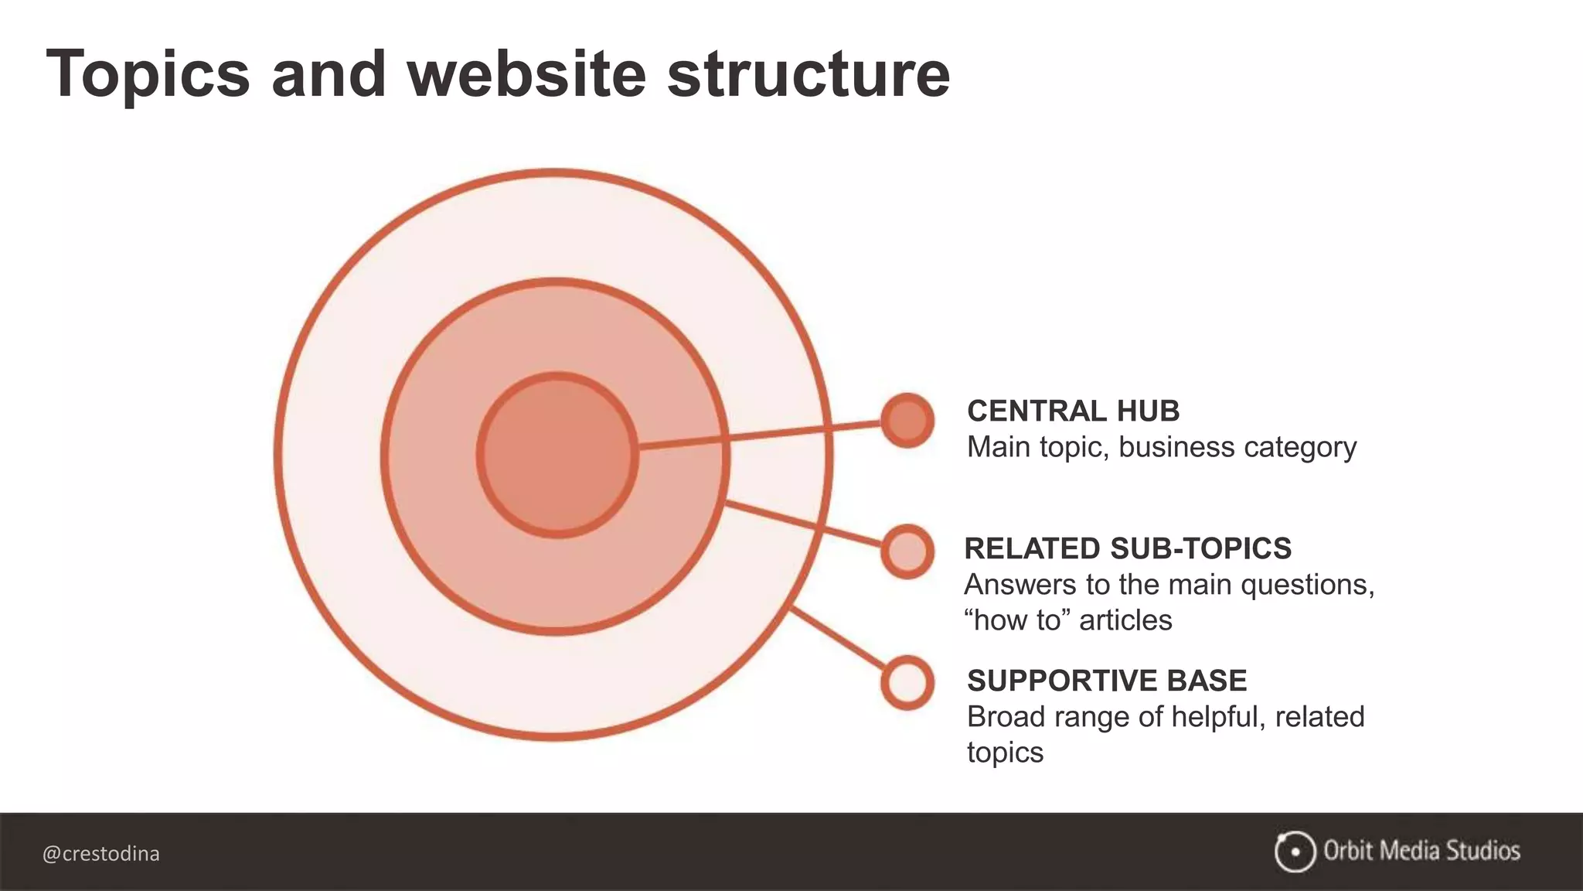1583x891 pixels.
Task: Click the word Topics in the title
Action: pyautogui.click(x=148, y=75)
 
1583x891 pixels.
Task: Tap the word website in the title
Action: pyautogui.click(x=526, y=75)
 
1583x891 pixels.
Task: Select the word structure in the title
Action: pyautogui.click(x=808, y=75)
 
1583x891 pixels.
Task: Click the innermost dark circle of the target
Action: pyautogui.click(x=557, y=455)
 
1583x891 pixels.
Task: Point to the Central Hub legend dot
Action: pyautogui.click(x=907, y=421)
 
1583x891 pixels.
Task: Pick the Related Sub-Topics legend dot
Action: pyautogui.click(x=907, y=551)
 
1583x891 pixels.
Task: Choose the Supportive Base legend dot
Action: pyautogui.click(x=907, y=683)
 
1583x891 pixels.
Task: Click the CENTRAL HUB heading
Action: pyautogui.click(x=1073, y=411)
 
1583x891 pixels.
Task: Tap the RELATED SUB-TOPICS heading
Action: pyautogui.click(x=1128, y=548)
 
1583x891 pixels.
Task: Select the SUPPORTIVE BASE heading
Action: pyautogui.click(x=1107, y=681)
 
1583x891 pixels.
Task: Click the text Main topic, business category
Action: pyautogui.click(x=1162, y=447)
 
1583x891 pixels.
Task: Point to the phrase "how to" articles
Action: pyautogui.click(x=1068, y=620)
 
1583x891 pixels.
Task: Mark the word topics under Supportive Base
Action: pyautogui.click(x=1005, y=753)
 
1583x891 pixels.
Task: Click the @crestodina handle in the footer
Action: pyautogui.click(x=101, y=854)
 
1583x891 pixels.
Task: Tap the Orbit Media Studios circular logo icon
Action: pyautogui.click(x=1295, y=852)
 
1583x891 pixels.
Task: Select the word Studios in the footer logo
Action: pyautogui.click(x=1483, y=851)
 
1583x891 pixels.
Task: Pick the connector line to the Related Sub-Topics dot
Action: pyautogui.click(x=804, y=526)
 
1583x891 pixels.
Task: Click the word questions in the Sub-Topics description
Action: pyautogui.click(x=1307, y=585)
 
